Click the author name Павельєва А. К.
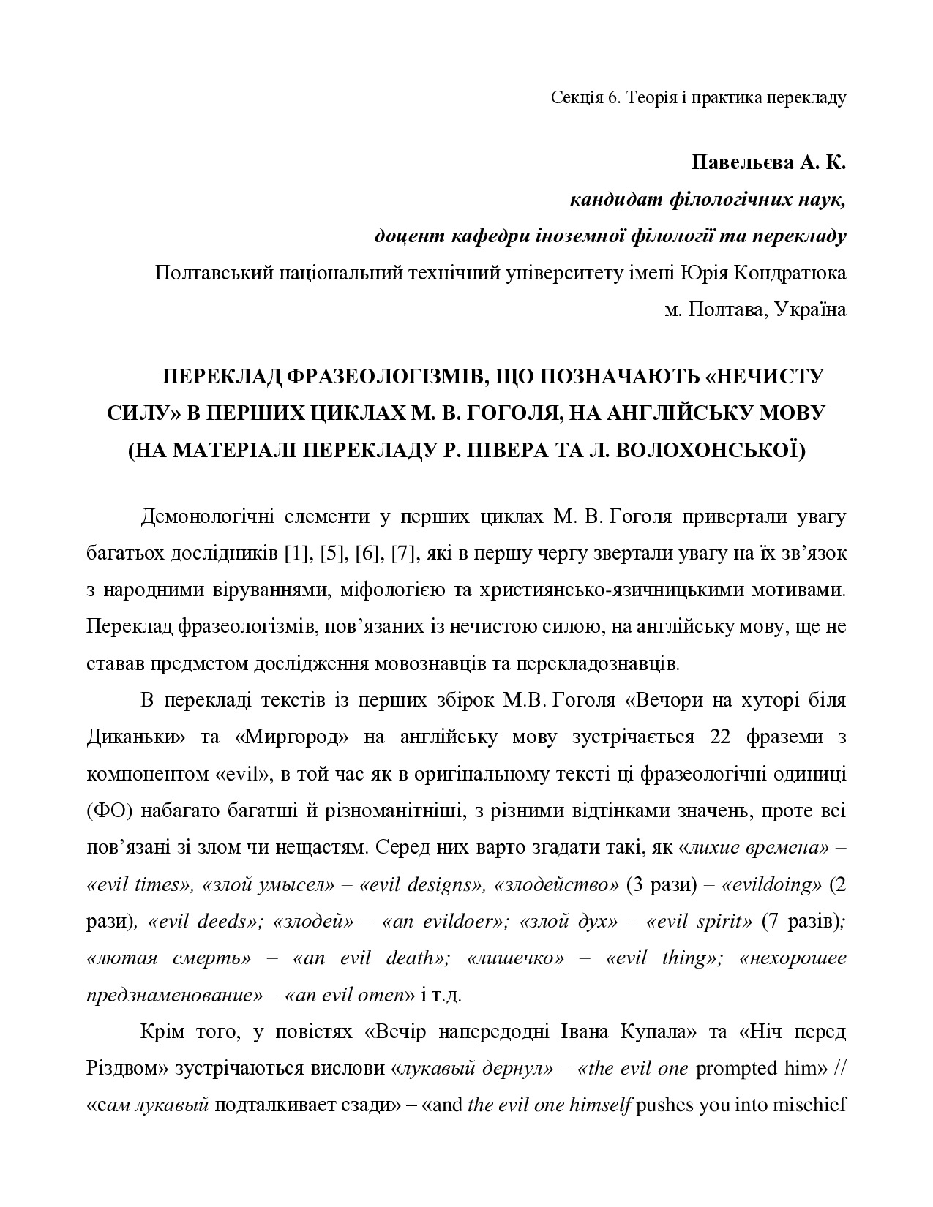(768, 162)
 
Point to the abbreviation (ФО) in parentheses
(106, 811)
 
